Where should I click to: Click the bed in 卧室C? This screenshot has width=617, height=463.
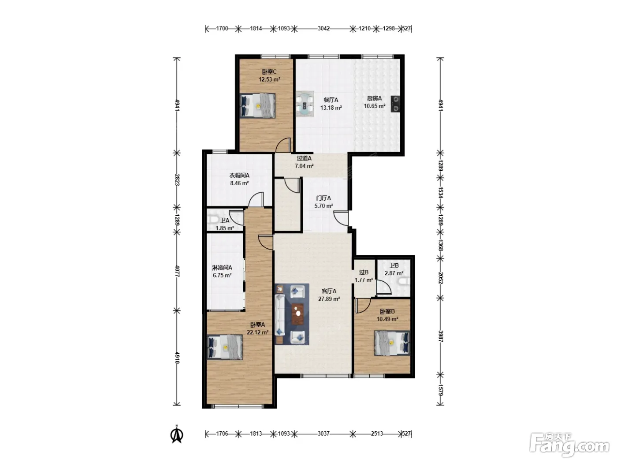click(x=258, y=106)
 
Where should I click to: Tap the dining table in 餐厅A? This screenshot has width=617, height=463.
click(x=305, y=104)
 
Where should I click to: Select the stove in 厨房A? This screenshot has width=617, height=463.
click(x=395, y=104)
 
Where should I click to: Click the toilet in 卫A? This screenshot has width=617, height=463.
click(x=212, y=220)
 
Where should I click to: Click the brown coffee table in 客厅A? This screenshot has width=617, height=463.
click(x=297, y=314)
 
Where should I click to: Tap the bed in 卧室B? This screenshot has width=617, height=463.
click(x=391, y=343)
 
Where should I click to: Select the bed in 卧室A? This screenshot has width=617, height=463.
click(x=225, y=347)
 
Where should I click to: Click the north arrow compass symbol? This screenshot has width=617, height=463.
click(x=177, y=434)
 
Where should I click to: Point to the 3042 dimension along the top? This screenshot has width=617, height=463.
click(x=323, y=28)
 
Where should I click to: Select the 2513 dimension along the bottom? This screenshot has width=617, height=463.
click(x=377, y=433)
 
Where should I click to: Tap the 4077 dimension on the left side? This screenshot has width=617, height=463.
click(x=177, y=271)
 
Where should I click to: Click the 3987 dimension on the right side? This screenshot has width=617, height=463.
click(x=441, y=336)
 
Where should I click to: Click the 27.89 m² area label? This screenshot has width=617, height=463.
click(x=329, y=299)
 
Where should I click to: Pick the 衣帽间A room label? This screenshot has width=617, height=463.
click(x=239, y=175)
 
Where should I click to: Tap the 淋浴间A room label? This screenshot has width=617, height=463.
click(x=222, y=268)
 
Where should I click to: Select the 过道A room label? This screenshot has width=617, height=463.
click(x=304, y=158)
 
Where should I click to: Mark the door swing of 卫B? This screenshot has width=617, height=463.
click(x=384, y=287)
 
